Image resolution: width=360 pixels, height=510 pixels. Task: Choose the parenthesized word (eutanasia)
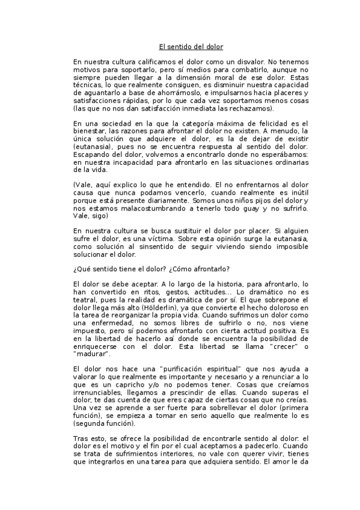click(x=93, y=146)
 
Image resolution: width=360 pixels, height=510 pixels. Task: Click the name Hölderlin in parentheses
click(x=146, y=307)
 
